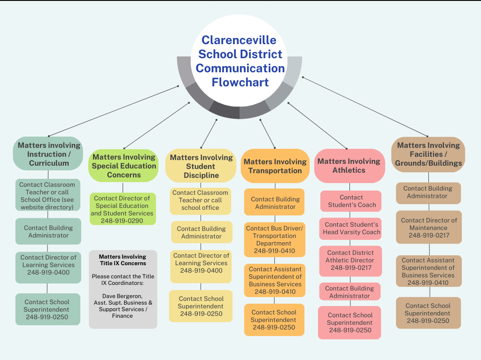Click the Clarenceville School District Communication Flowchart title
pos(240,61)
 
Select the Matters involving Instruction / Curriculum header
pos(48,154)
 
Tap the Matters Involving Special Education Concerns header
pos(124,166)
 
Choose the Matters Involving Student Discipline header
pos(201,166)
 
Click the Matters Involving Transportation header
pos(275,166)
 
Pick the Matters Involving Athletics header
pos(349,166)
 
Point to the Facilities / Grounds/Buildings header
pos(428,154)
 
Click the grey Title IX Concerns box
pos(123,289)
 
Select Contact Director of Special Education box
pos(122,209)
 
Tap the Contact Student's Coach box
pos(351,201)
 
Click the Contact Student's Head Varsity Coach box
pos(351,228)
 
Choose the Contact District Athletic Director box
pos(350,260)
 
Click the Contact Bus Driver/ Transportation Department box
pos(274,239)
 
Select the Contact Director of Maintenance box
pos(428,227)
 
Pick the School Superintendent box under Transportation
pos(274,320)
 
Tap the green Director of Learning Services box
pos(48,265)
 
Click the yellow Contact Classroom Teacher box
pos(201,200)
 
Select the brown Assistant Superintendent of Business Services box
pos(428,271)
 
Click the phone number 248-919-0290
pos(122,221)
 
